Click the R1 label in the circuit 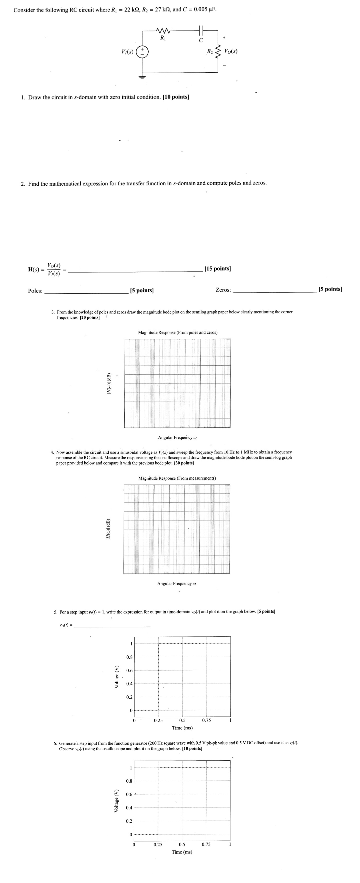pos(163,38)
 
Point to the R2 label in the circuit pos(210,52)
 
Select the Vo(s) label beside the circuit pos(231,52)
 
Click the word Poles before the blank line pos(35,291)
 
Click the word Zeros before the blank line pos(223,290)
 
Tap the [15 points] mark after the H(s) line pos(217,268)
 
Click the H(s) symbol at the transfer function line pos(35,269)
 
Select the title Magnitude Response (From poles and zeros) pos(178,333)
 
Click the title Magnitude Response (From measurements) pos(177,478)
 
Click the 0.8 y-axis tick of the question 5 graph pos(129,657)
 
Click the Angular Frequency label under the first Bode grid pos(177,437)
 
